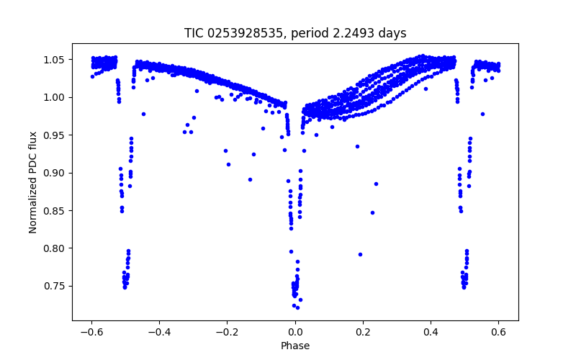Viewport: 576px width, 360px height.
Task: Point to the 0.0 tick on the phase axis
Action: tap(295, 333)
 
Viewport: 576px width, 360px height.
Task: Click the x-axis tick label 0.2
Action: tap(363, 333)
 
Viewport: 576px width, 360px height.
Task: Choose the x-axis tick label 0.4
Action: tap(431, 333)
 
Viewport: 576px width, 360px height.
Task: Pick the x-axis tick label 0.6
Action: tap(498, 333)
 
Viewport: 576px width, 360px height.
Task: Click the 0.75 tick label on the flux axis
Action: tap(55, 286)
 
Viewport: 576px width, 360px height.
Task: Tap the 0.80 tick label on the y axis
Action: tap(55, 248)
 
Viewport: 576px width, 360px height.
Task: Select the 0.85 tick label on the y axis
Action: tap(55, 210)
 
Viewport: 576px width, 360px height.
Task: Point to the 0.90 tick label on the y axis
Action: tap(55, 173)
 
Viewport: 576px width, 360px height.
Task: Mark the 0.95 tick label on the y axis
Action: tap(55, 135)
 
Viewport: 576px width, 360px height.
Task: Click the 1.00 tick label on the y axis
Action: tap(55, 97)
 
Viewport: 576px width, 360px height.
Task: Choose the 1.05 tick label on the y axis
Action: tap(55, 59)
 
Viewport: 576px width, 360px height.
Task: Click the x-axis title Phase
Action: tap(295, 346)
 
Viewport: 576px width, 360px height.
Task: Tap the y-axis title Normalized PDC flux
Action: tap(32, 176)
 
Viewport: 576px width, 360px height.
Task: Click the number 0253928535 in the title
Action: tap(240, 33)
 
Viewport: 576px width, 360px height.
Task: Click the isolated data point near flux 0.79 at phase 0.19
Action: tap(360, 254)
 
